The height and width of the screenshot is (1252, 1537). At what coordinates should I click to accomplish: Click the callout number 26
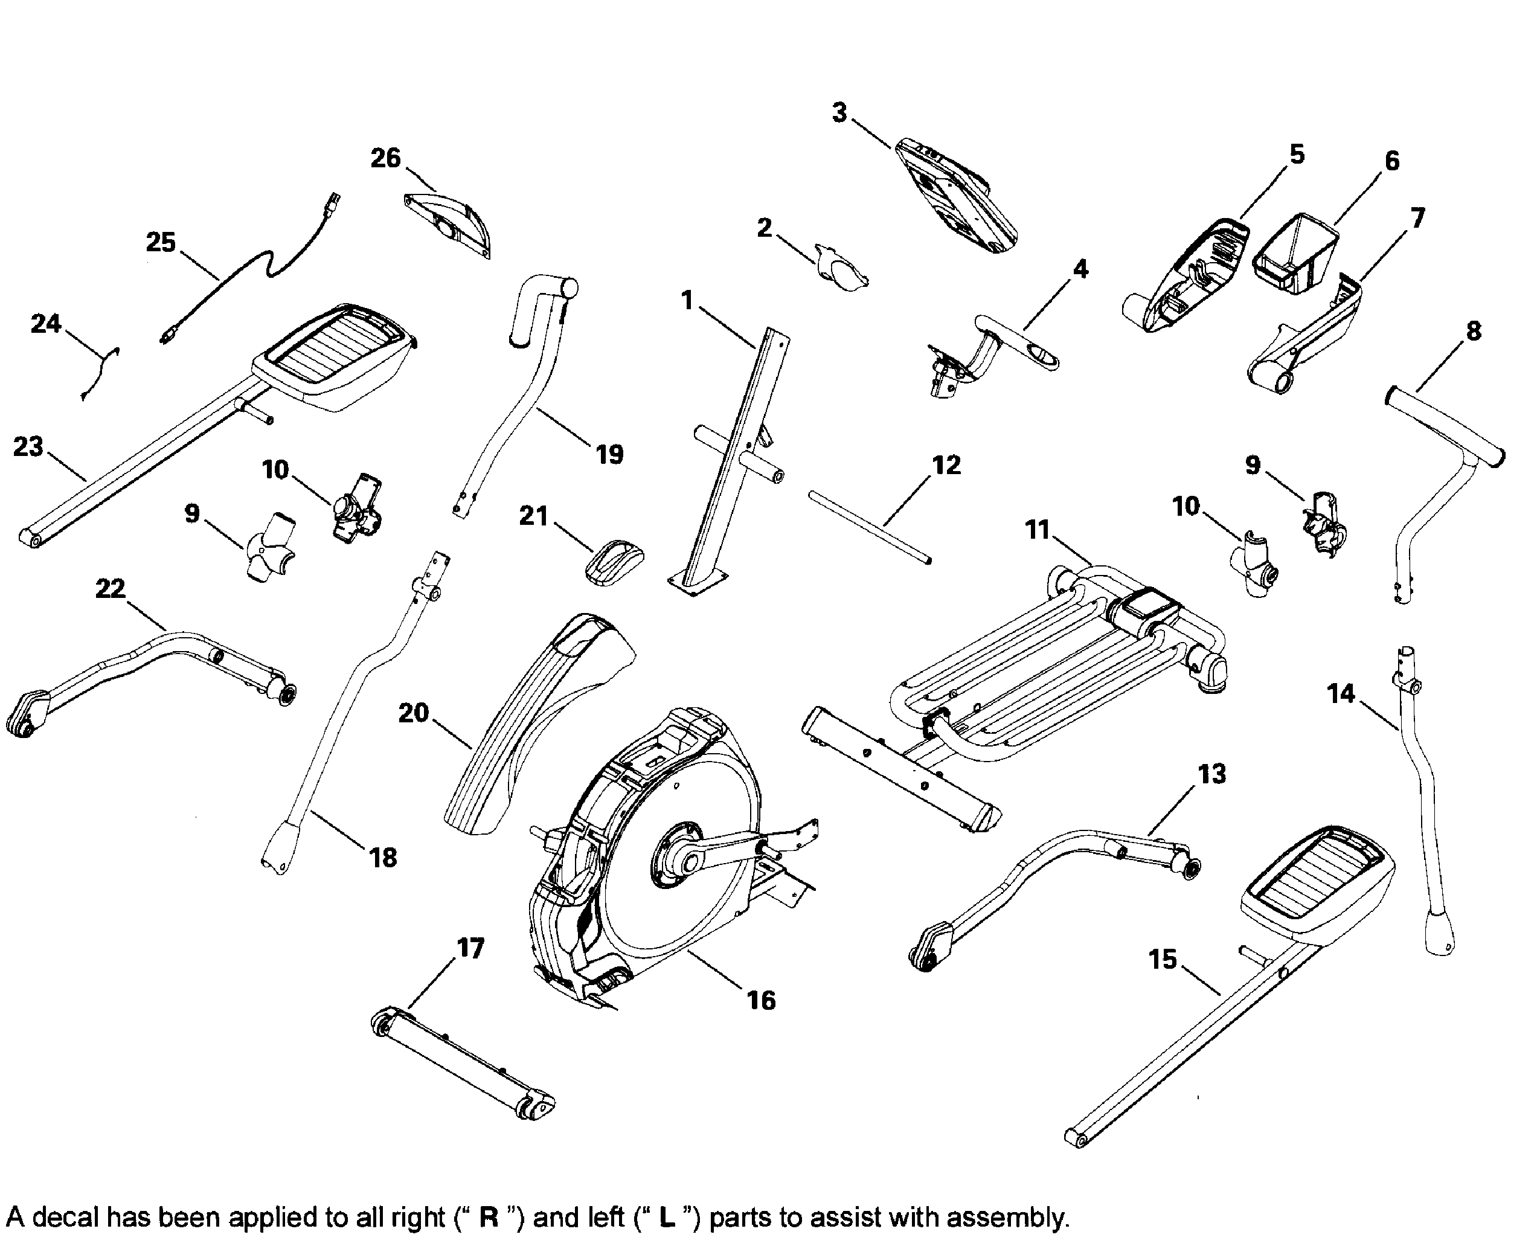pyautogui.click(x=385, y=158)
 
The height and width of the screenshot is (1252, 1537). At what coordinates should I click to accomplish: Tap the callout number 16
pyautogui.click(x=761, y=1000)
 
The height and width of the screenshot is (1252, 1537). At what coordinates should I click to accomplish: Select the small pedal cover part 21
pyautogui.click(x=613, y=562)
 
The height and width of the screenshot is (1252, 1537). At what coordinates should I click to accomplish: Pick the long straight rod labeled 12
pyautogui.click(x=869, y=526)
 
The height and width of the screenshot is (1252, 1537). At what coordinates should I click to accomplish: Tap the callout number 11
pyautogui.click(x=1037, y=530)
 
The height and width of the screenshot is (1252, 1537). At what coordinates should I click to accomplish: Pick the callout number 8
pyautogui.click(x=1474, y=331)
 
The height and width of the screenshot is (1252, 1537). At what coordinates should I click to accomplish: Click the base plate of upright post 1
pyautogui.click(x=696, y=581)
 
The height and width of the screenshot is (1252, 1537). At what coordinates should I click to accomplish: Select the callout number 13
pyautogui.click(x=1211, y=774)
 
